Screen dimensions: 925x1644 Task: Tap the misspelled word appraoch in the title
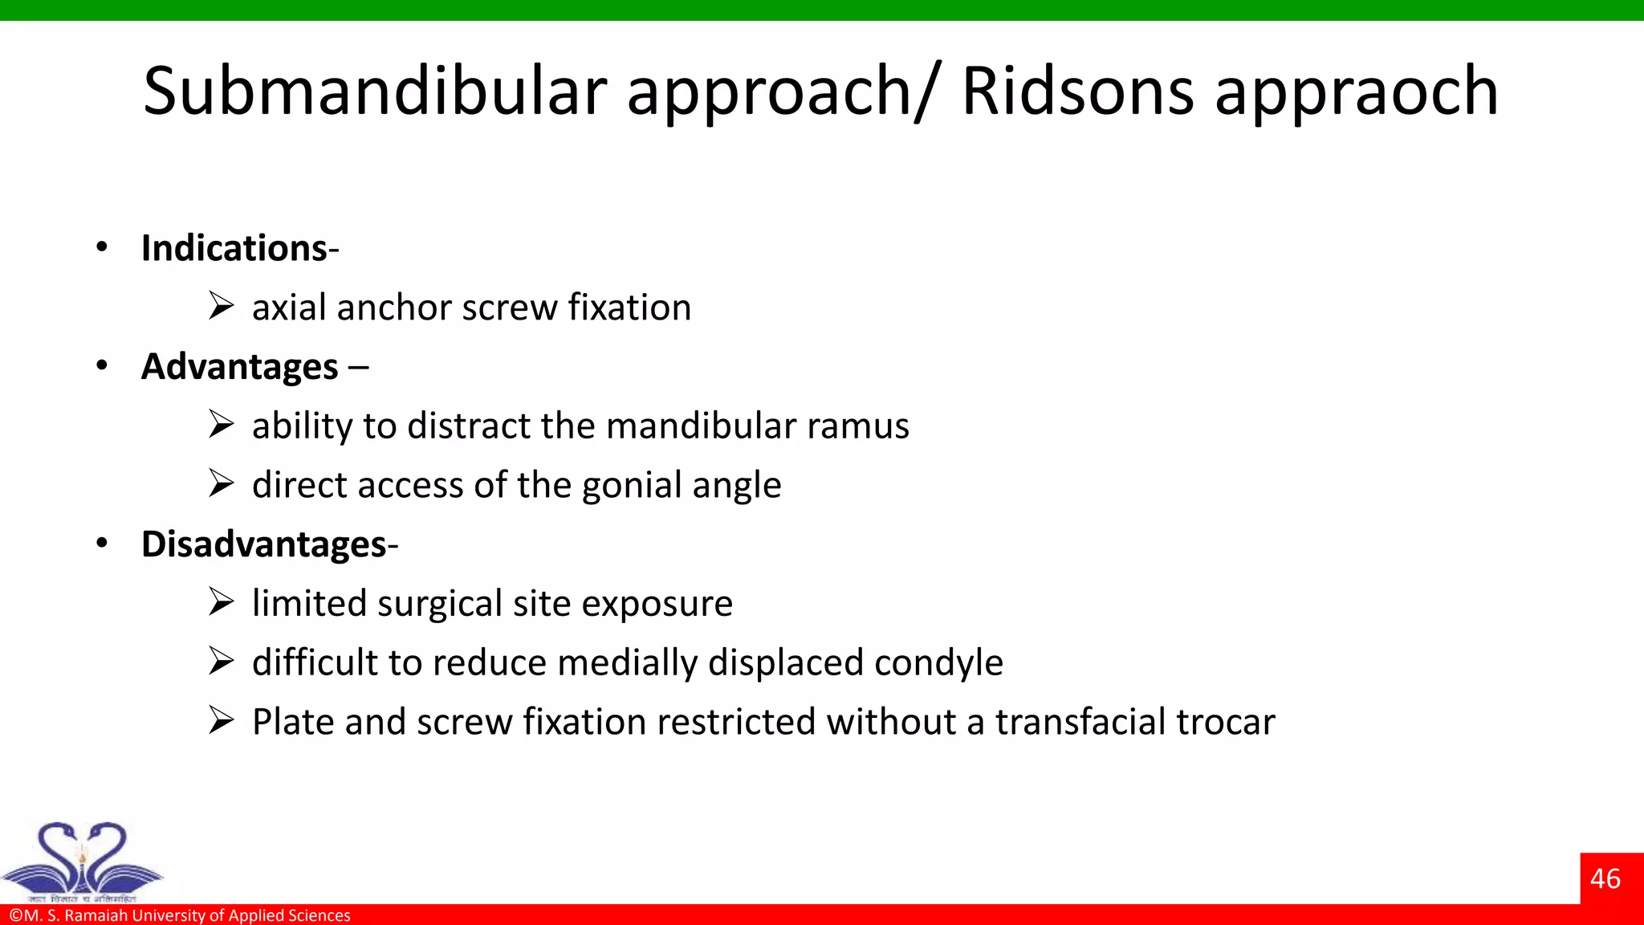1356,92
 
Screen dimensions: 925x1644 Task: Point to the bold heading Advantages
239,367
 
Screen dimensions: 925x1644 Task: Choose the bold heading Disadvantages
264,544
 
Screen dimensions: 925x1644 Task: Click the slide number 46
1605,878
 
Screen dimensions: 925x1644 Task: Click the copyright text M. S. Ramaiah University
180,915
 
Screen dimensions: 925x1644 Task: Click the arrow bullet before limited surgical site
221,601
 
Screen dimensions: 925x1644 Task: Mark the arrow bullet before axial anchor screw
221,306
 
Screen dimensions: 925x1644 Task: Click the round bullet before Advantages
101,365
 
